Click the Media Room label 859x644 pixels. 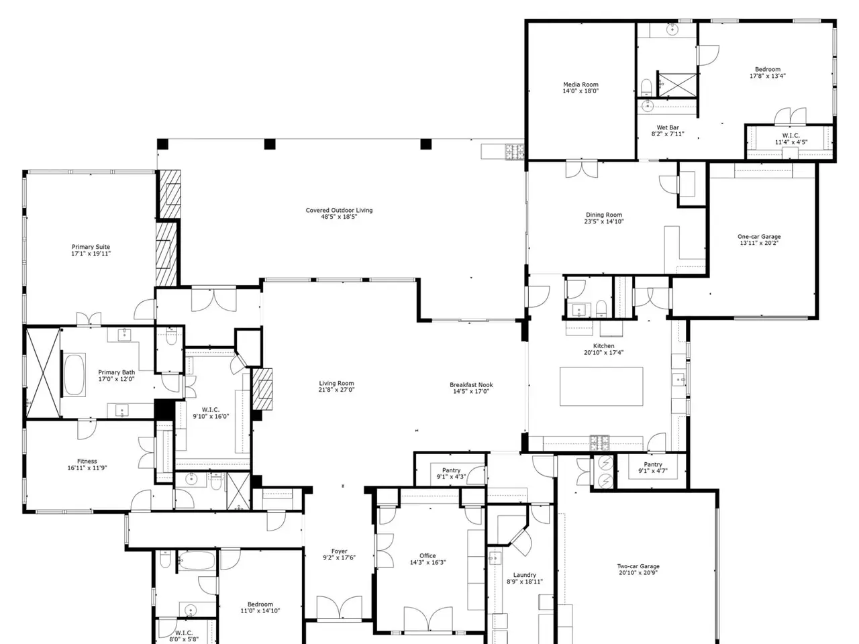point(580,88)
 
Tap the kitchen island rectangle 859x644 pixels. point(601,386)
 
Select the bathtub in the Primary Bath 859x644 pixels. point(74,375)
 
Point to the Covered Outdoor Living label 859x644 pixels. point(339,213)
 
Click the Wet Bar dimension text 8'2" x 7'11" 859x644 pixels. point(668,134)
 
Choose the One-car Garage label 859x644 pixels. point(759,239)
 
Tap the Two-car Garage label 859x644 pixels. point(638,570)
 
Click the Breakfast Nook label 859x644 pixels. point(471,388)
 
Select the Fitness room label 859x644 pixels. point(87,464)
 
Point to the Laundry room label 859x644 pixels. point(524,578)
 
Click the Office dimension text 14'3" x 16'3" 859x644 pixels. point(427,562)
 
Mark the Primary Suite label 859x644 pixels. point(91,250)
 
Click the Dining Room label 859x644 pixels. point(604,218)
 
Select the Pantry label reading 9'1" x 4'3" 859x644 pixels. point(451,474)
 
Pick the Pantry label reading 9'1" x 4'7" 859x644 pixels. point(653,468)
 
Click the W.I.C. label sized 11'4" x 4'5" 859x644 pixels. point(791,139)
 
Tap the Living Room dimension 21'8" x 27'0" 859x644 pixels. point(337,390)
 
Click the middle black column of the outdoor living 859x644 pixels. point(270,144)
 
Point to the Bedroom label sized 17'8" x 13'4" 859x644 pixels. point(768,72)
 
